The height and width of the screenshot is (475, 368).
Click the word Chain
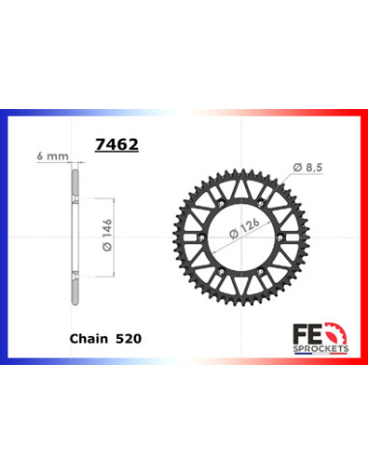pyautogui.click(x=90, y=339)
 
